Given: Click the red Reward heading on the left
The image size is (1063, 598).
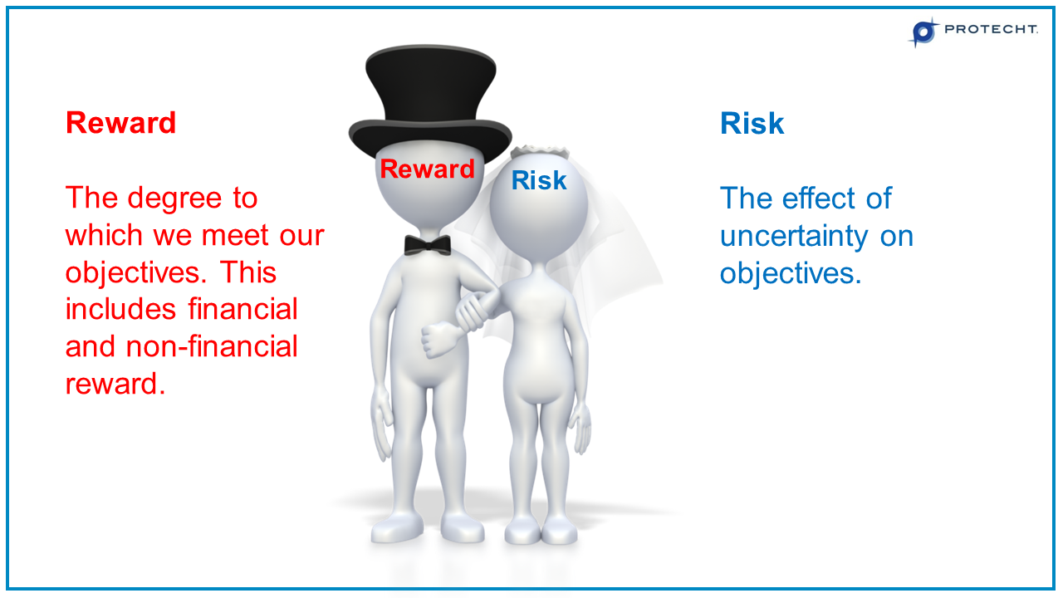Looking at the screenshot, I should coord(120,123).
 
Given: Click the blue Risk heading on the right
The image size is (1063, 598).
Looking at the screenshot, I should coord(752,123).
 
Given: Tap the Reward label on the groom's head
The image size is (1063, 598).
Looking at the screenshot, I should coord(427,169).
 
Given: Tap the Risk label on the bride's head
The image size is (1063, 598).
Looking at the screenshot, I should coord(539,180).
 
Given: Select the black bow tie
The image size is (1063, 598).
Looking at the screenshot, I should coord(428,244).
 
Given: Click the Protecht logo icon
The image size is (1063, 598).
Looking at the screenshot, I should coord(923,32).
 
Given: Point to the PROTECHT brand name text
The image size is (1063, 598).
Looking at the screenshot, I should coord(991,30).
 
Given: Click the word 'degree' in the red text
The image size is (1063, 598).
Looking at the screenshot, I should coord(174,199).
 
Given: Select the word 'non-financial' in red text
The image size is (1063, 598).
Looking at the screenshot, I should coord(212,346).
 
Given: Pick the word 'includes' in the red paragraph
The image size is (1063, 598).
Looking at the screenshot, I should coord(121,309).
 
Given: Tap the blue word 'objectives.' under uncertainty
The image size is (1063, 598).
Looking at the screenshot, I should coord(791,273).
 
